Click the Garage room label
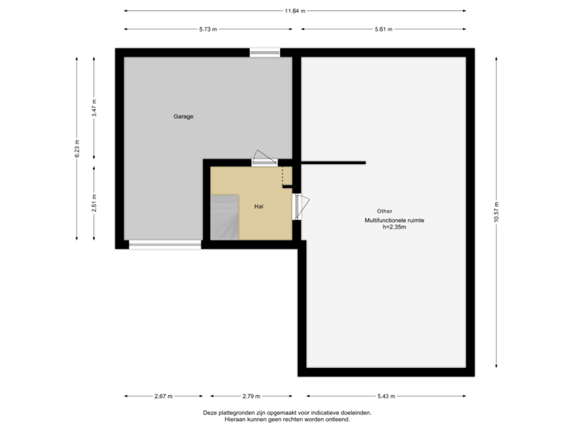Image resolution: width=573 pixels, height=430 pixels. click(184, 117)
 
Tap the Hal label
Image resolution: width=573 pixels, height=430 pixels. click(259, 205)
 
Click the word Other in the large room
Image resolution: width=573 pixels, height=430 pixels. click(384, 211)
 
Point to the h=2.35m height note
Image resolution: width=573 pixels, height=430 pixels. click(395, 227)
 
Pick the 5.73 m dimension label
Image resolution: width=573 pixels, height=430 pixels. click(209, 29)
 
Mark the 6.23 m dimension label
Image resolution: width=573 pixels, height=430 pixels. click(76, 150)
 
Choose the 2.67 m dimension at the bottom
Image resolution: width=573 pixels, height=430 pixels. click(164, 396)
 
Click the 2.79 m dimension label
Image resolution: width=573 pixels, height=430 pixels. click(250, 396)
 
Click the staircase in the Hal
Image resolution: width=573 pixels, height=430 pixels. click(224, 216)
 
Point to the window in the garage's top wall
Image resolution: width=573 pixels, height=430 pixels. click(265, 53)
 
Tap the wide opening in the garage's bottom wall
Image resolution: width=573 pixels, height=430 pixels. click(165, 244)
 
